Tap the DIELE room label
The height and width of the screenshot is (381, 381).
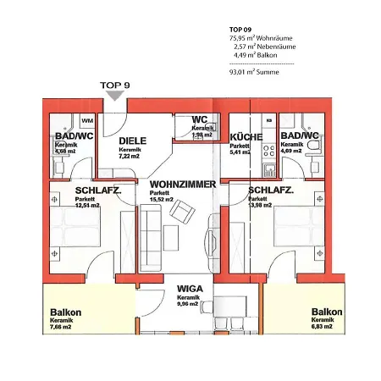(134, 141)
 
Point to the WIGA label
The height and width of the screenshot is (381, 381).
(188, 288)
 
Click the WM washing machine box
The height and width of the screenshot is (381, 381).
(87, 122)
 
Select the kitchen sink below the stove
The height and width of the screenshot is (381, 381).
(268, 168)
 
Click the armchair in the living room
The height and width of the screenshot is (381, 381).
(181, 209)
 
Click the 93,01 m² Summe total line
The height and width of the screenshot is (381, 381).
(254, 73)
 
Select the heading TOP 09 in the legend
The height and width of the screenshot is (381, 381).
(240, 29)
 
